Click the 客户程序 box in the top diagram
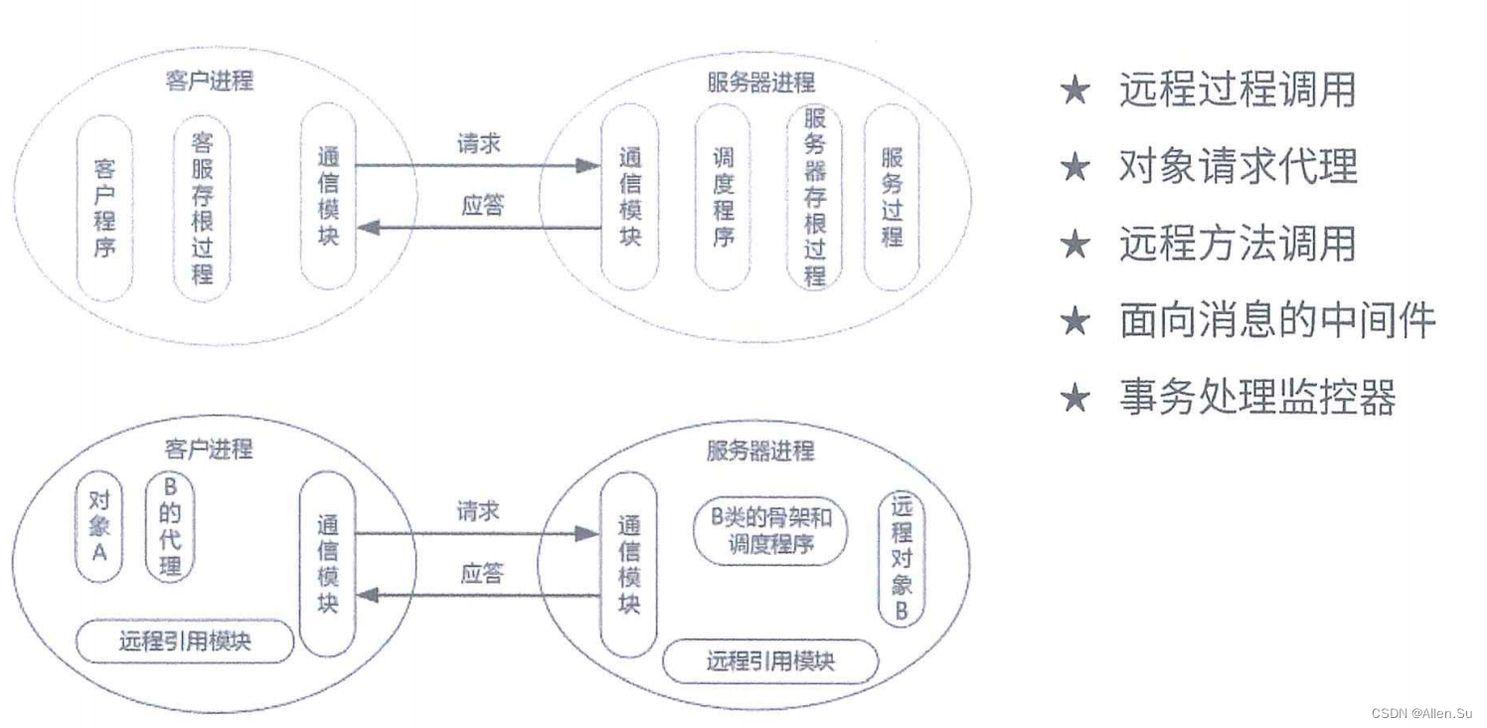104,208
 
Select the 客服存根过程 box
202,207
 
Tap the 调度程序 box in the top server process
723,197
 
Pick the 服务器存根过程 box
814,197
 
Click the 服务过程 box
892,197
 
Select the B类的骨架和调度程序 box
770,531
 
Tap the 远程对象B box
901,557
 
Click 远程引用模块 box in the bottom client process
185,641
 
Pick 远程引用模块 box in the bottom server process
770,660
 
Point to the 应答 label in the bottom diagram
481,574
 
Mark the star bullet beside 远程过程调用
1075,91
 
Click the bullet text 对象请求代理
1238,166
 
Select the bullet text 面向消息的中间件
1277,320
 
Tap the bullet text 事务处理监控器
1257,397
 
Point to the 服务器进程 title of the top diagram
760,83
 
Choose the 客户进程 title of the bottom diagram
209,449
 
